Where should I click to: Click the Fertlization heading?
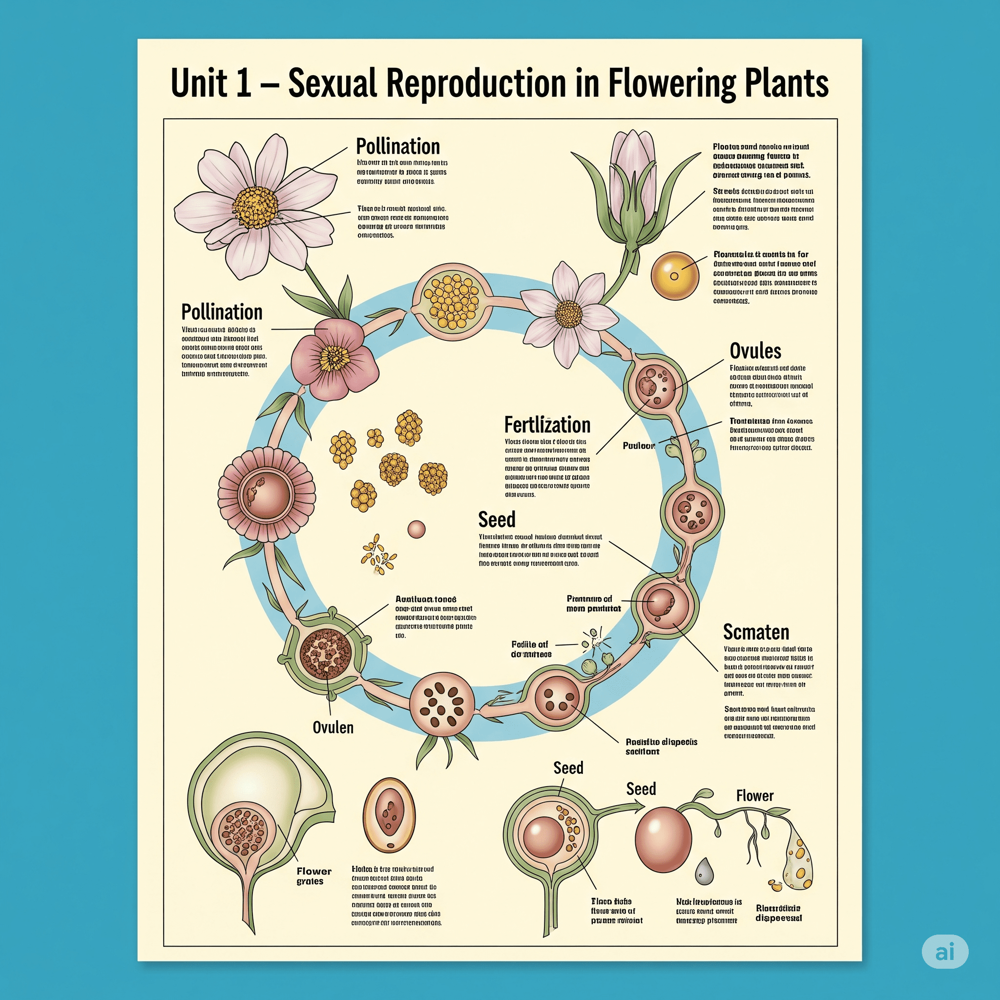click(x=547, y=425)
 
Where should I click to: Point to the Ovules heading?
click(x=755, y=351)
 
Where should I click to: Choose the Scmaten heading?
click(x=756, y=632)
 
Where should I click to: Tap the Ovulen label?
click(x=333, y=727)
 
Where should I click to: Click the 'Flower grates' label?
click(x=313, y=876)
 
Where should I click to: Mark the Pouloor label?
click(x=639, y=446)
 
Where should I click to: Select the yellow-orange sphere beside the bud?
click(x=674, y=275)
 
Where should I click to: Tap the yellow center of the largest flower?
click(x=255, y=207)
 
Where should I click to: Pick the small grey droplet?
click(x=704, y=871)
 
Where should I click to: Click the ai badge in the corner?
click(x=945, y=951)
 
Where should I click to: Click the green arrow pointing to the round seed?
click(x=619, y=809)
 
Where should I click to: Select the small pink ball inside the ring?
click(x=416, y=529)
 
